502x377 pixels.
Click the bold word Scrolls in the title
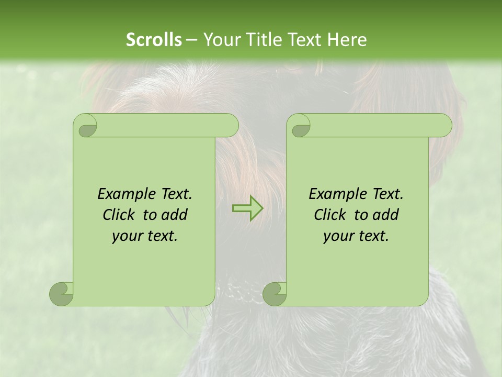pyautogui.click(x=154, y=40)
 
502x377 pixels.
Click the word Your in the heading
pyautogui.click(x=219, y=40)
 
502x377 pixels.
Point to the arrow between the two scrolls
pyautogui.click(x=248, y=208)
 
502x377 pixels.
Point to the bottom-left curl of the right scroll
pyautogui.click(x=275, y=293)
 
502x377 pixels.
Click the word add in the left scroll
pyautogui.click(x=175, y=215)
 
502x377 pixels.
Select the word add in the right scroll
pyautogui.click(x=386, y=215)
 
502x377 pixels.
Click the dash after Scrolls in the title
pyautogui.click(x=191, y=40)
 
